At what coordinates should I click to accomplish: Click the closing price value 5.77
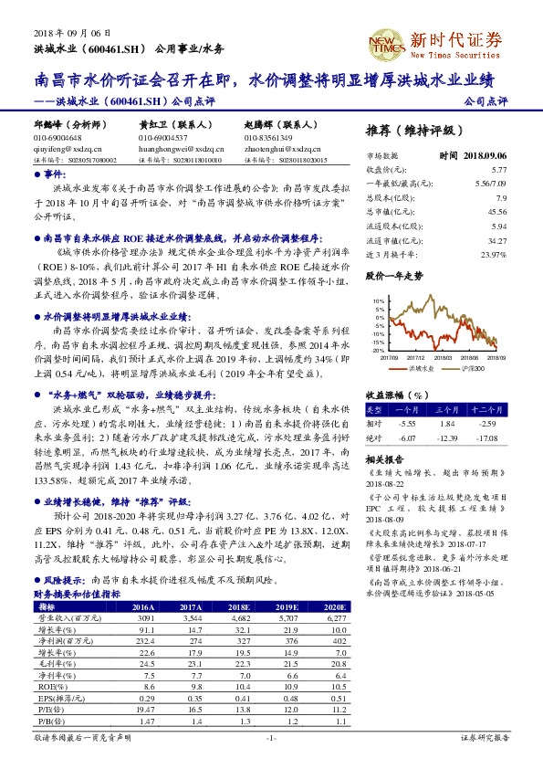(x=498, y=170)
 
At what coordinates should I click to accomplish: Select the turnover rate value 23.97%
(x=493, y=253)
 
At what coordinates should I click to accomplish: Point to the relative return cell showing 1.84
(x=447, y=425)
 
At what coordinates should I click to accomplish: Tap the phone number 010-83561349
(x=267, y=137)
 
